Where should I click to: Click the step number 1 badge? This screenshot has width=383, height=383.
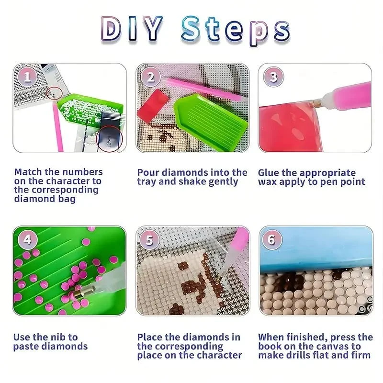[27, 77]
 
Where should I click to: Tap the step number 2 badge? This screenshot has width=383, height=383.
[151, 77]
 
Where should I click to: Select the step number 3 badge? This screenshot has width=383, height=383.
[273, 77]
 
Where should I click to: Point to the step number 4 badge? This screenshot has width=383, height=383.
[27, 239]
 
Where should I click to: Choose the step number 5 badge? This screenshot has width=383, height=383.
[149, 240]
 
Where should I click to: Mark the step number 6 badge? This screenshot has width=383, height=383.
[272, 240]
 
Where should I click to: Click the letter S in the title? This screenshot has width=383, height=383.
[191, 28]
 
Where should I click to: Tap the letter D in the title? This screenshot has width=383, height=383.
[112, 28]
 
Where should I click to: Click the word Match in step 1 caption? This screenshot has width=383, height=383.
[28, 172]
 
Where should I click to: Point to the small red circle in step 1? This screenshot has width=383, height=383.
[54, 93]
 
